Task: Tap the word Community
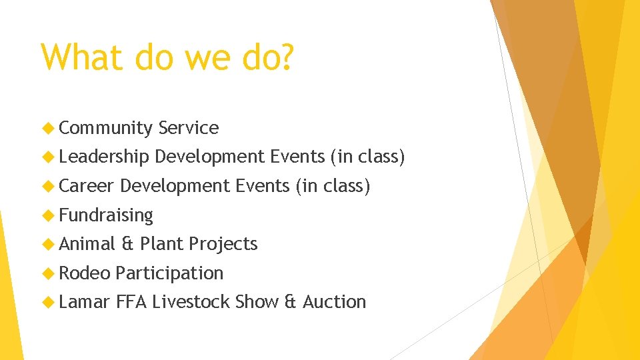[x=106, y=128]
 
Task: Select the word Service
[x=189, y=128]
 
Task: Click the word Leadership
[x=104, y=157]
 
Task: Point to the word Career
[x=87, y=186]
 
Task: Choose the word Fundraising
[x=106, y=215]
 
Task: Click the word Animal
[x=87, y=244]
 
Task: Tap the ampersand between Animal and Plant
[x=127, y=244]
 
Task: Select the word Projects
[x=223, y=244]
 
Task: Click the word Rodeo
[x=85, y=273]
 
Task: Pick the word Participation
[x=169, y=273]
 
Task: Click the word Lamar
[x=85, y=302]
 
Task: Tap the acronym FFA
[x=131, y=302]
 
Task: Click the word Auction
[x=334, y=302]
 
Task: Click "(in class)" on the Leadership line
[x=367, y=157]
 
